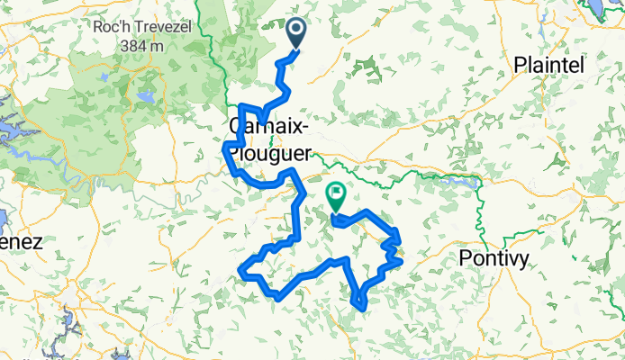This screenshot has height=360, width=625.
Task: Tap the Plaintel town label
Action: pyautogui.click(x=548, y=65)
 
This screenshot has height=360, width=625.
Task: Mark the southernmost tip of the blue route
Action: pyautogui.click(x=362, y=309)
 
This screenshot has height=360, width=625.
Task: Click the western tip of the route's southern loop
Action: pyautogui.click(x=240, y=268)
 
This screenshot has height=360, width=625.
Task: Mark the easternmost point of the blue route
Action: pyautogui.click(x=399, y=239)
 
